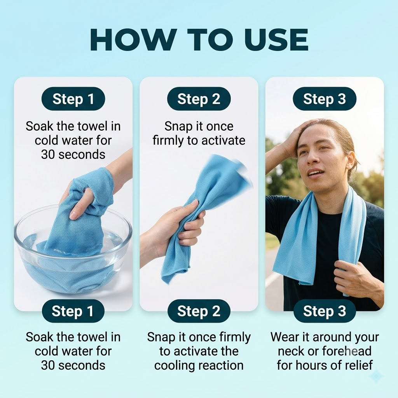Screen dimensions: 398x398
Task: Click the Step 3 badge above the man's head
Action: [325, 99]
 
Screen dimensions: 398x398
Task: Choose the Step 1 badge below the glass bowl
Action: [73, 311]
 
